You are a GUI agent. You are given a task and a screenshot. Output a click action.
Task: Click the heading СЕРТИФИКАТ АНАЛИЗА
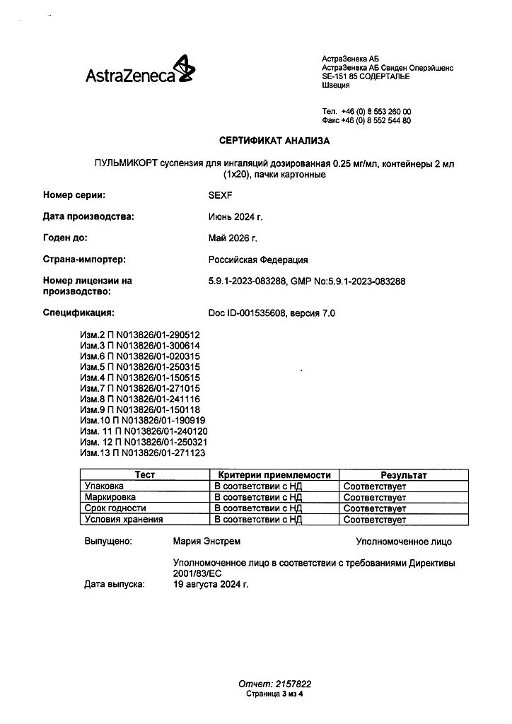(269, 141)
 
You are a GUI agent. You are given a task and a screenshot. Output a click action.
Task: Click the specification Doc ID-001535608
(244, 312)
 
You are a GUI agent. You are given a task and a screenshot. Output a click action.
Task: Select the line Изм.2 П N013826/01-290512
(140, 334)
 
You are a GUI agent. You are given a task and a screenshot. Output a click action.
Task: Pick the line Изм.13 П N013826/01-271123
(142, 452)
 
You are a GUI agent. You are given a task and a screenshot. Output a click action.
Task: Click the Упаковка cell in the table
(104, 486)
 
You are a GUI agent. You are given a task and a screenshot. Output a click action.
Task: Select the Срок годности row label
(115, 508)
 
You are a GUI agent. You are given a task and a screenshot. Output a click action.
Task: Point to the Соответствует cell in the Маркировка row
(375, 498)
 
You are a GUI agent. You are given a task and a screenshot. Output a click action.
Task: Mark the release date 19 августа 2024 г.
(211, 585)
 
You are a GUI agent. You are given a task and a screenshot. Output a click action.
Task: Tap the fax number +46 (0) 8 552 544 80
(376, 121)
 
